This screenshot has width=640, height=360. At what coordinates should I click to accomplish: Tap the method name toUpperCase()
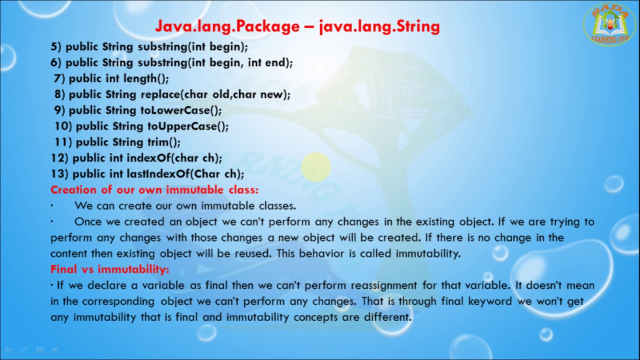(188, 126)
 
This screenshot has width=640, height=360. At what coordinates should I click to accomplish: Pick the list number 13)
(59, 174)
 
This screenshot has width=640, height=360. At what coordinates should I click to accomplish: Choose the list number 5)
(56, 46)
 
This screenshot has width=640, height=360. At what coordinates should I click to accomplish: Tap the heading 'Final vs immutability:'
(110, 269)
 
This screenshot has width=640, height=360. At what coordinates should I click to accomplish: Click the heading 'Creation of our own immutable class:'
(154, 190)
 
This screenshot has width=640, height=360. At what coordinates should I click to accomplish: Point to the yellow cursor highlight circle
(316, 166)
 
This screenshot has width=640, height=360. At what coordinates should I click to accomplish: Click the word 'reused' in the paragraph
(255, 253)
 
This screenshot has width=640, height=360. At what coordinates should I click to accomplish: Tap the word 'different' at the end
(387, 317)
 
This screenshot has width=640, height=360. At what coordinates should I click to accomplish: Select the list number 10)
(63, 126)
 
